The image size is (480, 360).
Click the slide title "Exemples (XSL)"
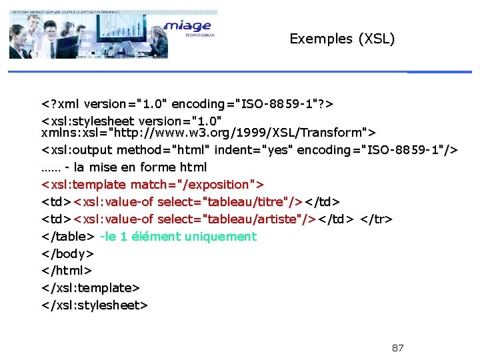(342, 39)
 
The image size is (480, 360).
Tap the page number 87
(397, 348)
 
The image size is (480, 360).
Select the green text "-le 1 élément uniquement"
(178, 236)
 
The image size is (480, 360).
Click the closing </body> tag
(67, 253)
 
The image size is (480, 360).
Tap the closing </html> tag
(67, 271)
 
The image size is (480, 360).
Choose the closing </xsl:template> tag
(91, 288)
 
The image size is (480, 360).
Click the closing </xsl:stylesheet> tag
(95, 305)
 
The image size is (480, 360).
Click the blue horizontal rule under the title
(439, 72)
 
